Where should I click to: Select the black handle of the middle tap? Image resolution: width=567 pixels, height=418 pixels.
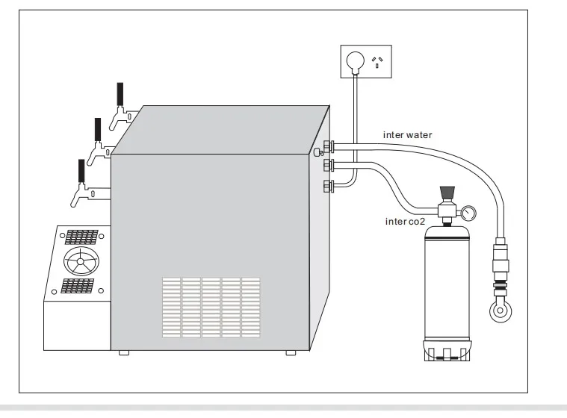click(96, 129)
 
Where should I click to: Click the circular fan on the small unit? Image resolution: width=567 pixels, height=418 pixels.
click(81, 262)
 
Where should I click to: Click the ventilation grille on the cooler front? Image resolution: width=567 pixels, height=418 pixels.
click(211, 305)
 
